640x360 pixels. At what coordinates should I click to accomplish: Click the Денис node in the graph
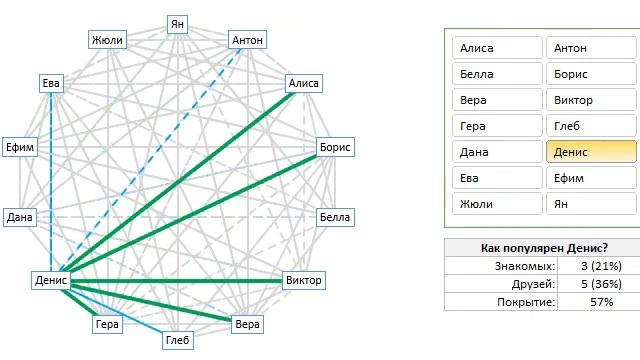click(50, 280)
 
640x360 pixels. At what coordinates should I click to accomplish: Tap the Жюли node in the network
click(107, 40)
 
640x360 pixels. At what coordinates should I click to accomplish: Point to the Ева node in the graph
click(51, 84)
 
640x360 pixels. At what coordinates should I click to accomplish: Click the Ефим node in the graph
click(23, 147)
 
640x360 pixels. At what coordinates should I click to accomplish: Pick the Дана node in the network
click(21, 217)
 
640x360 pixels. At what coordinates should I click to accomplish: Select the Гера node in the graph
click(107, 324)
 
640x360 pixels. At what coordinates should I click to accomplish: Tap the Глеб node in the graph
click(178, 342)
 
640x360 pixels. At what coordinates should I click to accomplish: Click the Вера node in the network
click(246, 324)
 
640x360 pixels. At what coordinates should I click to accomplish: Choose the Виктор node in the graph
click(303, 280)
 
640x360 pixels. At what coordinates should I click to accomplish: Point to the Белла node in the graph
click(334, 217)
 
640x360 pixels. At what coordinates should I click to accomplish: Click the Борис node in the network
click(335, 147)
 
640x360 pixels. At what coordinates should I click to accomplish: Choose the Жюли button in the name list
click(496, 204)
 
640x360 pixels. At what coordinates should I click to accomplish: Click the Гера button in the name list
click(496, 126)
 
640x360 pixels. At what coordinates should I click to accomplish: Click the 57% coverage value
click(601, 302)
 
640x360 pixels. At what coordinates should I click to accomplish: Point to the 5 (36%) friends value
click(601, 284)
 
